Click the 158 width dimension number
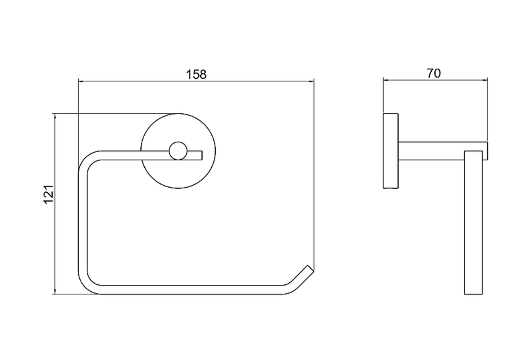(x=196, y=74)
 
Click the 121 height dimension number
(x=48, y=194)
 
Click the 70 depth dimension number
(x=433, y=73)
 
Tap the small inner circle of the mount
(x=178, y=151)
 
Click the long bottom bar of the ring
(x=191, y=290)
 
